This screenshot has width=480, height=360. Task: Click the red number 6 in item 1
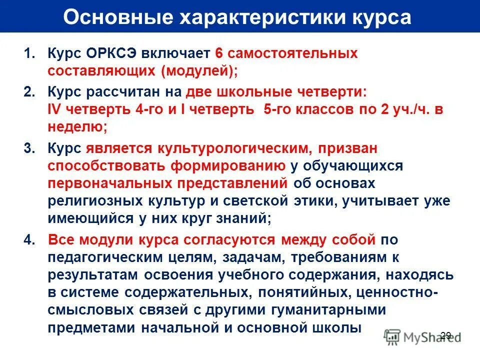point(218,53)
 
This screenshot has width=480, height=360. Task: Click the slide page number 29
point(446,335)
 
